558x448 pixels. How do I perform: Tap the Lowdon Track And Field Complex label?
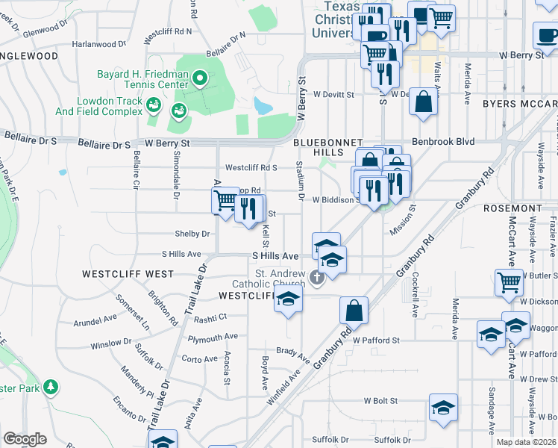point(98,106)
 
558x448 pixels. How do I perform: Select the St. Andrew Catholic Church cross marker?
point(317,279)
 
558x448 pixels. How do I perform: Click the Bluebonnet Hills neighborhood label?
point(327,147)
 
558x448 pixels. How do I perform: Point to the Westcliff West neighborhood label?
point(128,274)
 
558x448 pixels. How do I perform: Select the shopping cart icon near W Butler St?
point(509,282)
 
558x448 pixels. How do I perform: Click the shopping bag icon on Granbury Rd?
point(354,310)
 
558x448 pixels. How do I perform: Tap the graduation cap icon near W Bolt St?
point(443,408)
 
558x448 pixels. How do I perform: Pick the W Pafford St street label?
point(377,340)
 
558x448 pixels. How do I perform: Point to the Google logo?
point(25,439)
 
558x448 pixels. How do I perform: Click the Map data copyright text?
point(527,442)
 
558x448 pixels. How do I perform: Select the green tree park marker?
point(51,387)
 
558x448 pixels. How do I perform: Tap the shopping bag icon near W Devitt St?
point(423,103)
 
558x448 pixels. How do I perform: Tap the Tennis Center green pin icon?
point(199,77)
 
